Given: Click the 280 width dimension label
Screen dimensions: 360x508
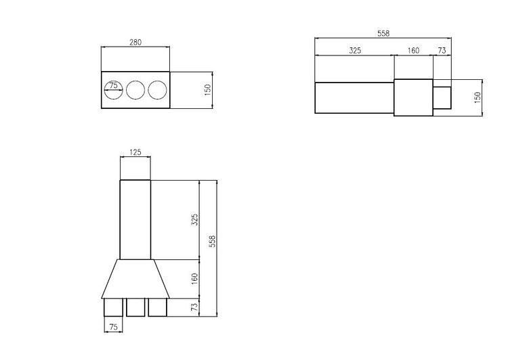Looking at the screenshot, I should tap(135, 42).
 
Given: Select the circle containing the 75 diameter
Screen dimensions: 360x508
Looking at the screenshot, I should tap(113, 91).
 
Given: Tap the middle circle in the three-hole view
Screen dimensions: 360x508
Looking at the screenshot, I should tap(135, 91).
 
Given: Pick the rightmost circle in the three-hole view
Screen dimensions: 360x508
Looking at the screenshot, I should tap(157, 91).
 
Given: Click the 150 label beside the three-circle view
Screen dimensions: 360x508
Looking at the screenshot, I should tap(208, 89).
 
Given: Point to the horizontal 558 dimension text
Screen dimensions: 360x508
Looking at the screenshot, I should tap(383, 34).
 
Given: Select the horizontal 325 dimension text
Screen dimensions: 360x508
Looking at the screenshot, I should tap(355, 51).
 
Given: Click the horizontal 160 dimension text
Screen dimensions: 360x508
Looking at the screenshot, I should tap(413, 51).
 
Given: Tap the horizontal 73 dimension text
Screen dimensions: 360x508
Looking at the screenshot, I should tap(442, 51).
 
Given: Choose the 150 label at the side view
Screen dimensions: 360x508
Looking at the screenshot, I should tap(478, 97).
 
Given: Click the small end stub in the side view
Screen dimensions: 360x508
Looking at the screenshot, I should tap(442, 97).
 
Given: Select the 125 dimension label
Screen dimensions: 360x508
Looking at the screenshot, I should tap(135, 152).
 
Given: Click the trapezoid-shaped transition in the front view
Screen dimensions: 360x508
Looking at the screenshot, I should tap(135, 278).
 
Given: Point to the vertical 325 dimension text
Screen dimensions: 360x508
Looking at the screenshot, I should tap(195, 220).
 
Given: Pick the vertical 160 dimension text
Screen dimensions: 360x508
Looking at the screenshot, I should tap(195, 278).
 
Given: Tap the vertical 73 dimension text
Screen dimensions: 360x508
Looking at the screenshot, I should tap(195, 307).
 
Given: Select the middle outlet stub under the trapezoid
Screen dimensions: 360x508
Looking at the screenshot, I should tap(135, 307).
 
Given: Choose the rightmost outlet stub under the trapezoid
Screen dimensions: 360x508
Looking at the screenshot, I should tap(157, 307).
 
